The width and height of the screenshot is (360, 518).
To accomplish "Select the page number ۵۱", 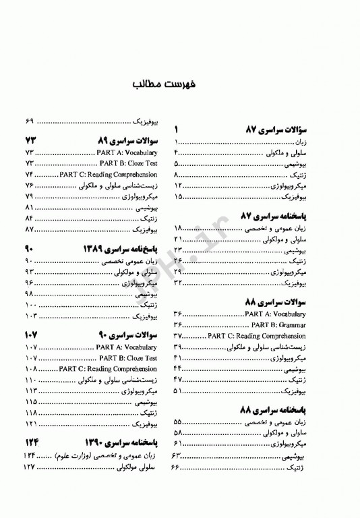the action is (178, 391).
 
